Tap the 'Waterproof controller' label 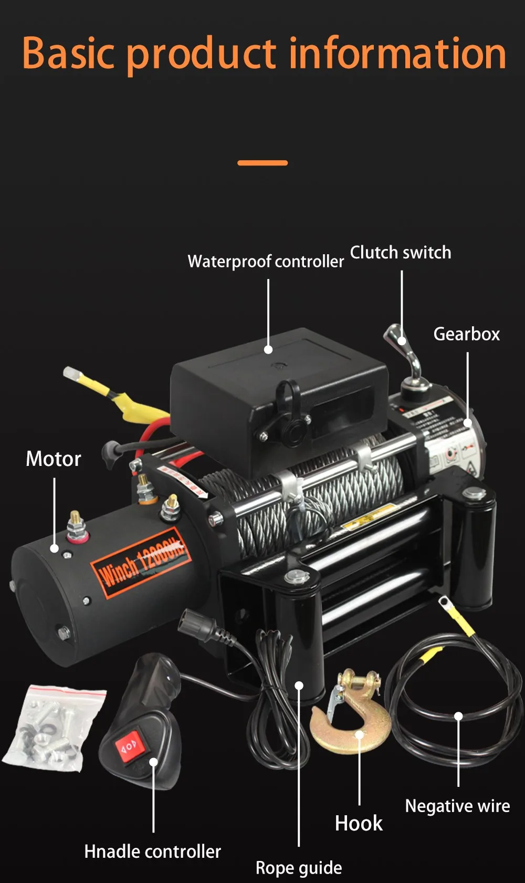click(266, 261)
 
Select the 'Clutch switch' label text click(401, 253)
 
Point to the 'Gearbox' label click(466, 334)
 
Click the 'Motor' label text click(54, 459)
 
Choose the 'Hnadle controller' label click(152, 851)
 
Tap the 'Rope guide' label click(299, 868)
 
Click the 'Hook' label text click(359, 823)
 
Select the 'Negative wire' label click(457, 806)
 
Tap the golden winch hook click(351, 720)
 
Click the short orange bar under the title click(262, 163)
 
